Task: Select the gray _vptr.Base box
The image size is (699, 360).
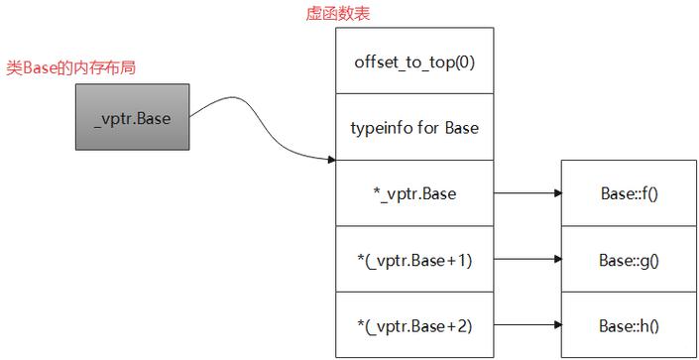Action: click(x=133, y=118)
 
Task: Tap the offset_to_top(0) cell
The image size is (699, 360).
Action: click(x=414, y=60)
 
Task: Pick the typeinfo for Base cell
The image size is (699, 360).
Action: click(x=414, y=127)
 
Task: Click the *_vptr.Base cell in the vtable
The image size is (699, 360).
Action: click(x=414, y=193)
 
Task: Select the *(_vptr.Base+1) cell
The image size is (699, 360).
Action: click(x=414, y=260)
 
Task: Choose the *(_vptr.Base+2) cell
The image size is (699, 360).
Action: click(x=414, y=325)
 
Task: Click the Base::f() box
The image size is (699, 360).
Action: click(x=629, y=193)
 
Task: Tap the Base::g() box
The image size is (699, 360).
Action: click(x=629, y=260)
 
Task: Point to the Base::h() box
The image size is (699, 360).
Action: click(x=629, y=325)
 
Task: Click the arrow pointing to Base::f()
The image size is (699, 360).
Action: click(x=526, y=193)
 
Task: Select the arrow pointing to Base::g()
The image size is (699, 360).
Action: click(x=526, y=260)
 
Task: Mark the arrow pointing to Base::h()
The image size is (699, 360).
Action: click(x=526, y=325)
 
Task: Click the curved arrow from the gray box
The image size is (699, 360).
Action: click(x=258, y=134)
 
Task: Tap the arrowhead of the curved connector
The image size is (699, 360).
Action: click(x=331, y=159)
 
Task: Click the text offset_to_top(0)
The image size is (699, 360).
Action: click(x=414, y=60)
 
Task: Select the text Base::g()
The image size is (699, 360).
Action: click(x=629, y=260)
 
